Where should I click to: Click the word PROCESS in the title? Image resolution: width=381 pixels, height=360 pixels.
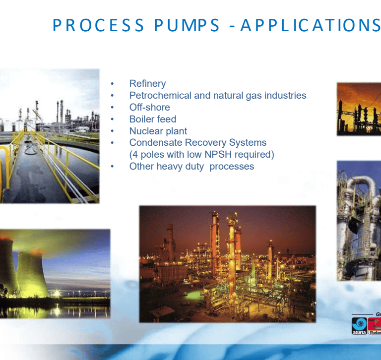pos(98,25)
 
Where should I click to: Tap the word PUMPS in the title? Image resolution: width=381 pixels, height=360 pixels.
pos(187,25)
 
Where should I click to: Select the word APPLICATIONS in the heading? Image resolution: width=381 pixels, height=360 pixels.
pos(311,25)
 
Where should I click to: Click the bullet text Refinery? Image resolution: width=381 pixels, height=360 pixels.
pos(147,84)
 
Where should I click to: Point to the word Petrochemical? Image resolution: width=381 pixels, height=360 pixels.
pos(160,96)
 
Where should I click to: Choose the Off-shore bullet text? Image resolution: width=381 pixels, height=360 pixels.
pos(149,107)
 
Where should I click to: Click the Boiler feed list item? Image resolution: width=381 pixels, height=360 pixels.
pos(153,119)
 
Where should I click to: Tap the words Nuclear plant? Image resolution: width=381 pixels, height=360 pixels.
pos(158,131)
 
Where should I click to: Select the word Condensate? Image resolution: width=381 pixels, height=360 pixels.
pos(156,143)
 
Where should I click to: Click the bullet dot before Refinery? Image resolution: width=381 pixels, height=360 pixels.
pos(112,84)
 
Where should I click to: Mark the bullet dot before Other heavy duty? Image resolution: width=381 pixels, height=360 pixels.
pos(112,167)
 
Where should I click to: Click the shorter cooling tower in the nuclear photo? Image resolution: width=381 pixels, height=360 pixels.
pos(32,274)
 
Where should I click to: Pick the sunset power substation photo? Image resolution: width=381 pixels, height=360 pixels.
pos(359,109)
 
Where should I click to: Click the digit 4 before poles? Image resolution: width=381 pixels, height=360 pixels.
pos(135,155)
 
